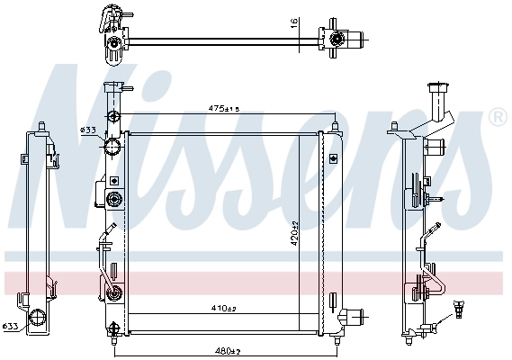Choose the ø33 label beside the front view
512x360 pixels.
(88, 130)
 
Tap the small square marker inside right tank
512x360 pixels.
(334, 158)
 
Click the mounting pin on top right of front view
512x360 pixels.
(334, 124)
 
